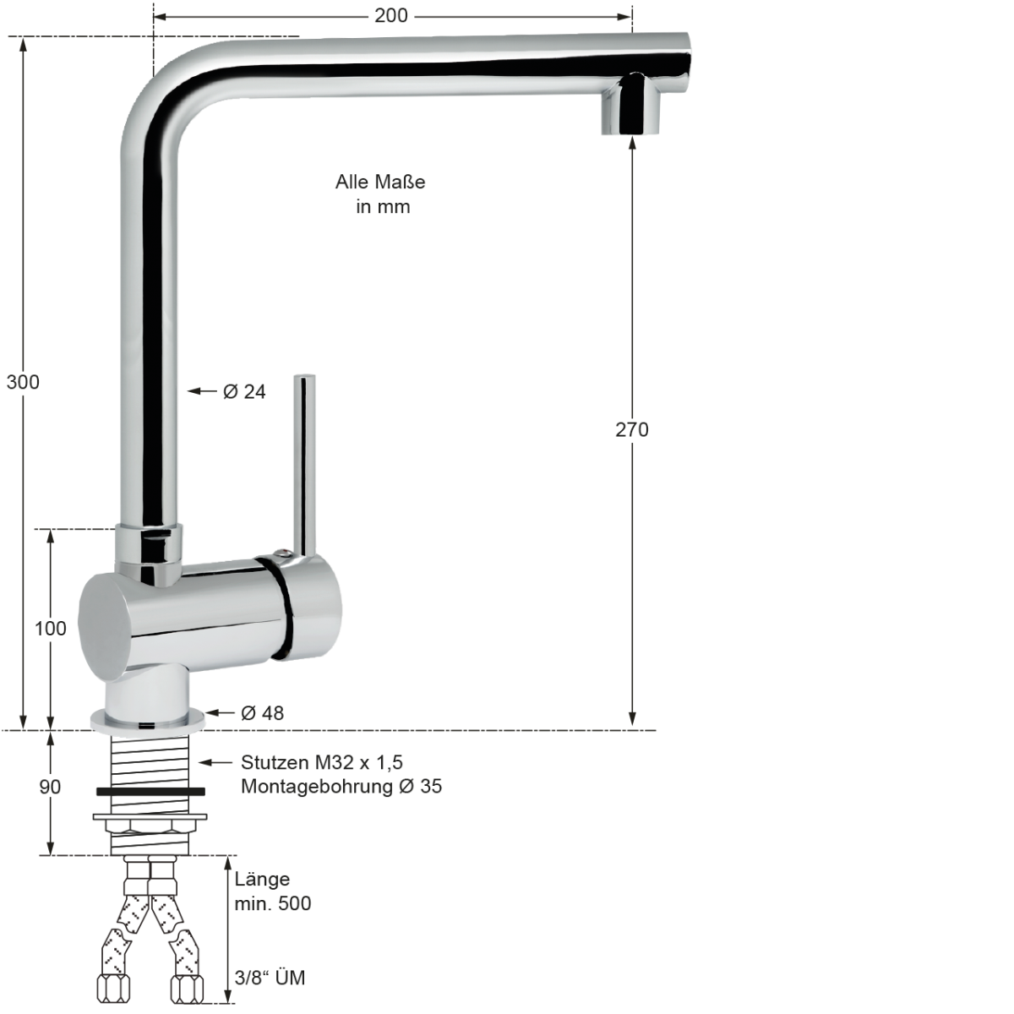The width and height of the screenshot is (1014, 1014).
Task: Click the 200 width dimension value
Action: [391, 15]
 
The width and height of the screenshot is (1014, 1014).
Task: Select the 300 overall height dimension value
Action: [23, 382]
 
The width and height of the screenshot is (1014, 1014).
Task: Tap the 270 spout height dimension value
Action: [631, 430]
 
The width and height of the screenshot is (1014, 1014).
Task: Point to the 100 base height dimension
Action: [50, 629]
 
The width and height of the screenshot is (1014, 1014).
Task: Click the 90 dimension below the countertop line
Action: [50, 787]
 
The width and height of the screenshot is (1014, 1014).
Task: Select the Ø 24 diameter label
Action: [244, 391]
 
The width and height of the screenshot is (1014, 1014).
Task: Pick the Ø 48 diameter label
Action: [262, 713]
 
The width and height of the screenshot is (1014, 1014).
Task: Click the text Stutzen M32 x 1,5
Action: [322, 762]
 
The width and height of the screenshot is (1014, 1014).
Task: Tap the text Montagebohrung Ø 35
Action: [341, 787]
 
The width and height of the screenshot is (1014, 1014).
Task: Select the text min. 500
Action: [272, 903]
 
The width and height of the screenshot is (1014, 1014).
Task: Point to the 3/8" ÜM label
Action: [270, 979]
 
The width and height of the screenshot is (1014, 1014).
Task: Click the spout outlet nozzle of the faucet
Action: [632, 106]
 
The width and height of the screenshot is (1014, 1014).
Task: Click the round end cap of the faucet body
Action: [105, 624]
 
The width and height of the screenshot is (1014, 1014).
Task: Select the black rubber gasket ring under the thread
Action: [150, 792]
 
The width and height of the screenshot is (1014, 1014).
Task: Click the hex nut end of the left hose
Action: [113, 987]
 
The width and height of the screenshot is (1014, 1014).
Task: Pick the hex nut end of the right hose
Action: [186, 987]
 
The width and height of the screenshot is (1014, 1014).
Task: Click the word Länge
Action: [262, 879]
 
